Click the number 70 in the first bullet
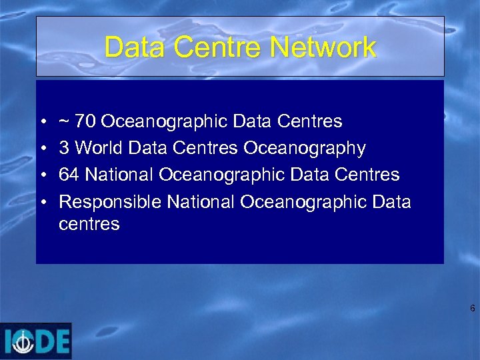click(x=85, y=121)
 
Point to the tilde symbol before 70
click(x=63, y=121)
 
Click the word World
click(x=99, y=148)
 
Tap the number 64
click(x=69, y=175)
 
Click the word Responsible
click(x=110, y=201)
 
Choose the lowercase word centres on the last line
click(x=89, y=225)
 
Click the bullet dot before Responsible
click(x=43, y=202)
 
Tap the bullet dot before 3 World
click(x=43, y=149)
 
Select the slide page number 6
click(x=472, y=309)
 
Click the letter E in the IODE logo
click(x=62, y=341)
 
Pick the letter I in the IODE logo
click(x=8, y=341)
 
